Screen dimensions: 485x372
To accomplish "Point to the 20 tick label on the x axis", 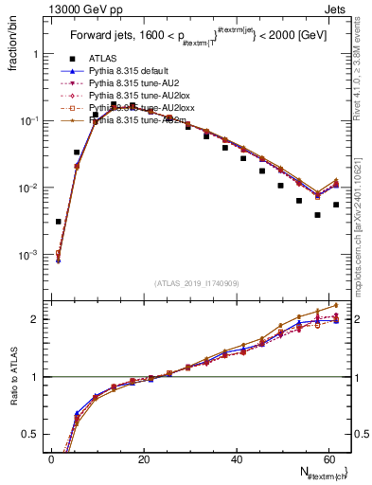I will (143, 458).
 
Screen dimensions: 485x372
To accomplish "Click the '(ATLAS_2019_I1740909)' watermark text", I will (198, 283).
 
